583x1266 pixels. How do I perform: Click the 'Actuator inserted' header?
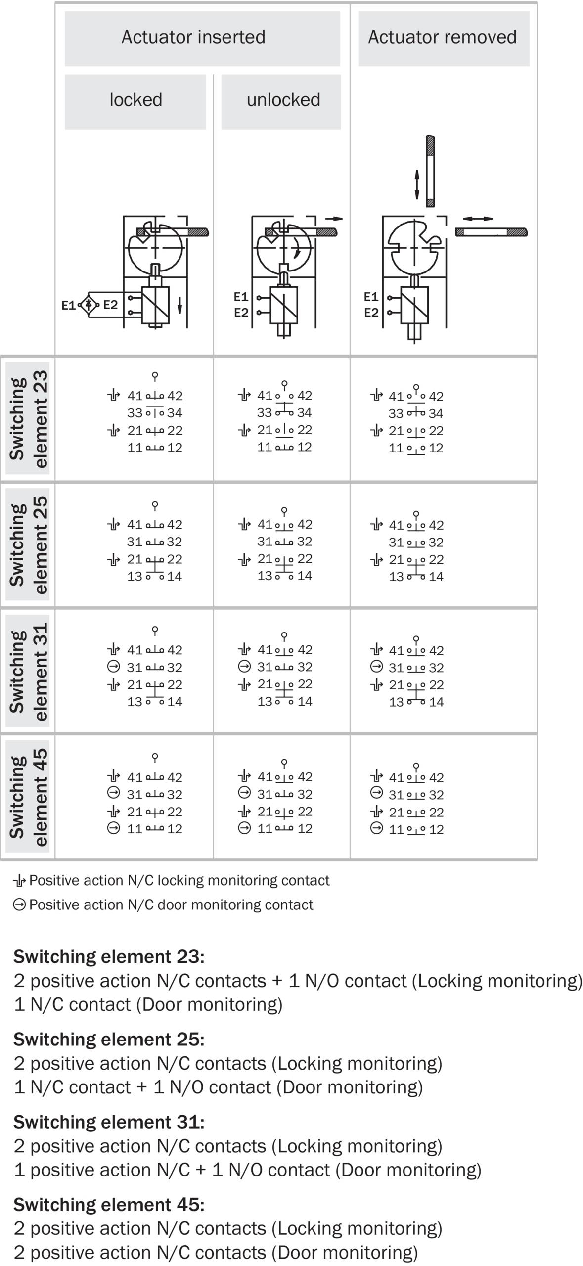[x=193, y=37]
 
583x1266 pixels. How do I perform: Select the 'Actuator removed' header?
[x=442, y=37]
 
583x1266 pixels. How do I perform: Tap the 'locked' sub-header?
[x=135, y=100]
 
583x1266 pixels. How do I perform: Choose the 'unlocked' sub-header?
[x=283, y=100]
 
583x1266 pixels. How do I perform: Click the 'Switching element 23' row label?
[x=28, y=419]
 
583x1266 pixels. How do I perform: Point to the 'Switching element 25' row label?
[x=28, y=544]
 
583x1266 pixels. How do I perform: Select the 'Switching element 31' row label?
[x=28, y=671]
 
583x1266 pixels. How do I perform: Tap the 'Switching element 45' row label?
[x=28, y=797]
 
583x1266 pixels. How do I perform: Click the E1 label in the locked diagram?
[x=68, y=305]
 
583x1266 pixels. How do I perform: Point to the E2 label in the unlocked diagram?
[x=241, y=313]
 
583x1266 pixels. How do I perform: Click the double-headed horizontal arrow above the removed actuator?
[x=478, y=219]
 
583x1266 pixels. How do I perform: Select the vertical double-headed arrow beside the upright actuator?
[x=417, y=184]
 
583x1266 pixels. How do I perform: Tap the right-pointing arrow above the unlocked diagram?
[x=334, y=219]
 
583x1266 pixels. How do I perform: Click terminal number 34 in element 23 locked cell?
[x=175, y=413]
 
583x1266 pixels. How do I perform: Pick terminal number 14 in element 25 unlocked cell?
[x=305, y=576]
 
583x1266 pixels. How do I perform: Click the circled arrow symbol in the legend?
[x=19, y=904]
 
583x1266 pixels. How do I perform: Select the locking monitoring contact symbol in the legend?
[x=19, y=880]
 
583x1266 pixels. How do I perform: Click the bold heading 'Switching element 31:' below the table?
[x=109, y=1122]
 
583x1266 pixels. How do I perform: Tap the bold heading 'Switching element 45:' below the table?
[x=109, y=1204]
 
